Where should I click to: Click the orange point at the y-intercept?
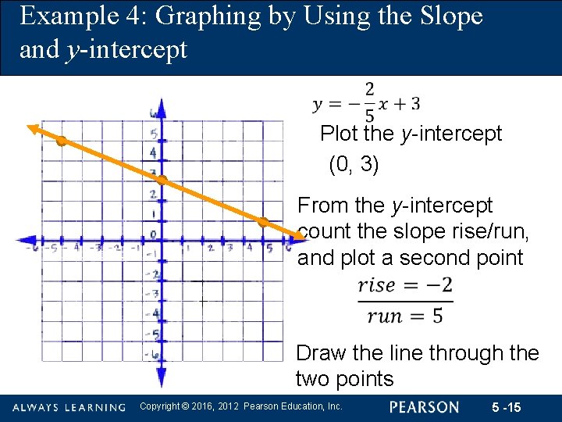coord(161,181)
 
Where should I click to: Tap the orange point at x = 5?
coord(263,223)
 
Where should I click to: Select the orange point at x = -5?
coord(60,141)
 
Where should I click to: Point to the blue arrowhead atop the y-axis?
coord(161,104)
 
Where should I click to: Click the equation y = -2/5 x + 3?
coord(366,102)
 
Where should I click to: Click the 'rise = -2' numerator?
coord(405,285)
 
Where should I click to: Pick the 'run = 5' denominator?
coord(405,316)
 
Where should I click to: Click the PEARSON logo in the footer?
coord(425,407)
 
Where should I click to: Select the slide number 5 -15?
coord(508,407)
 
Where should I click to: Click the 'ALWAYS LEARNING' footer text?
coord(69,407)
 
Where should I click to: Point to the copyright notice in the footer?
coord(240,406)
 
